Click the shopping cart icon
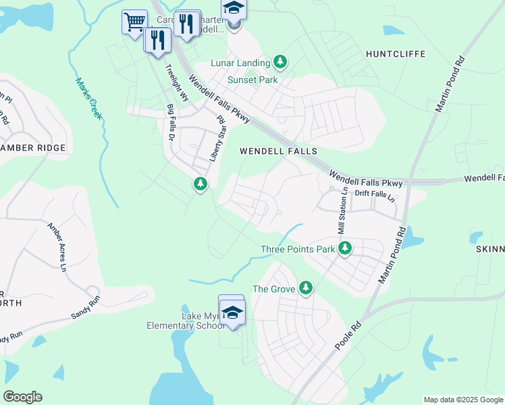[x=134, y=22]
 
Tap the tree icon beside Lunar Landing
[x=281, y=63]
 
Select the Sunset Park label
[x=252, y=80]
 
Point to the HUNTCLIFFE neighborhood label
[x=392, y=53]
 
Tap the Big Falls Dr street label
[x=171, y=122]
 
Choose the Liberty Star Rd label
[x=216, y=138]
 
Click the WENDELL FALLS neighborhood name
[x=278, y=152]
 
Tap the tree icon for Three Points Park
[x=345, y=248]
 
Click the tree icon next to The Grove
[x=306, y=288]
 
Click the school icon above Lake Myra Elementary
[x=232, y=311]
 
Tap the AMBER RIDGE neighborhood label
[x=34, y=148]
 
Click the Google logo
[x=23, y=397]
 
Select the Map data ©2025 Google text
[x=462, y=400]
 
